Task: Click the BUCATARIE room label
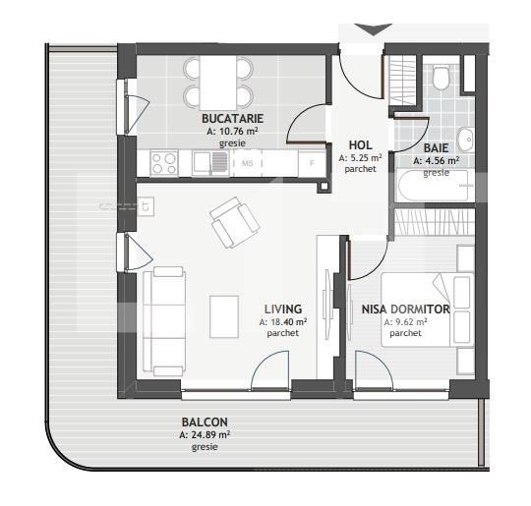point(232,119)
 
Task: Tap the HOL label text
point(360,145)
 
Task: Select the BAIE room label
point(436,148)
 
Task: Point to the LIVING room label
point(283,309)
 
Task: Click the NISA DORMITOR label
point(405,309)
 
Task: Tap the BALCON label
point(205,422)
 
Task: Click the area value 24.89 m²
point(205,434)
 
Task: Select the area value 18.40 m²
point(283,322)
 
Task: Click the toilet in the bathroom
point(441,78)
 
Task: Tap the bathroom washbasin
point(465,140)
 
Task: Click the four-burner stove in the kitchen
point(164,163)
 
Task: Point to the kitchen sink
point(210,163)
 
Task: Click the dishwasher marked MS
point(247,163)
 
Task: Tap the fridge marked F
point(312,163)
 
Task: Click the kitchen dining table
point(218,83)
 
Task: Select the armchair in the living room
point(234,222)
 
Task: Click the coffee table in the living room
point(224,316)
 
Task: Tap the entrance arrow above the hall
point(374,29)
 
